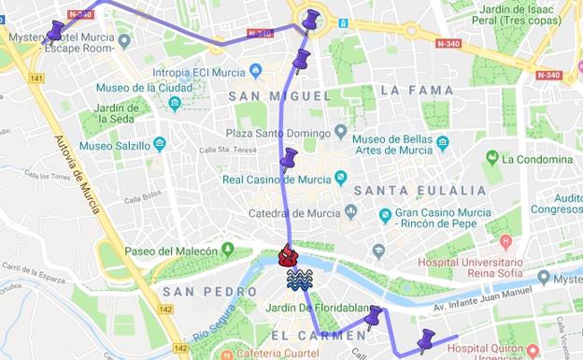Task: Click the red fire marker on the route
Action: pos(289,254)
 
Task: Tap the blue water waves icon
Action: pos(299,278)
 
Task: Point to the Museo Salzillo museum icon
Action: pos(159,145)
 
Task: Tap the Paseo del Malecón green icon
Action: pos(227,251)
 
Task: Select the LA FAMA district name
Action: pos(417,91)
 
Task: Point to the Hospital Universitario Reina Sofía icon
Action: pos(506,242)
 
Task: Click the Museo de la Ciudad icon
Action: pos(175,103)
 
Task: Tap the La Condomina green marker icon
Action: pos(492,158)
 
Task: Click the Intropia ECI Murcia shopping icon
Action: pos(256,71)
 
